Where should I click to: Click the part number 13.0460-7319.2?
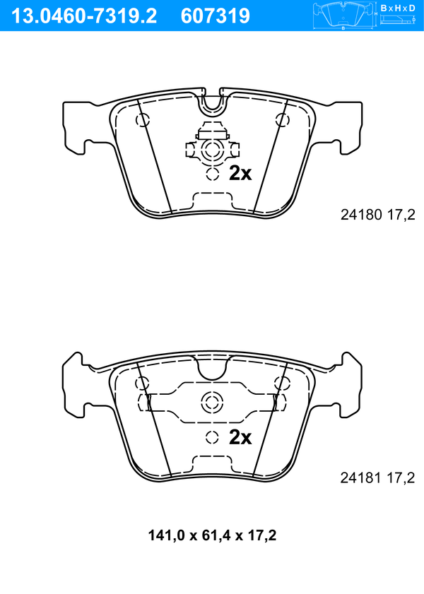pos(84,16)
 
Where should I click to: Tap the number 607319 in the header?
pos(216,16)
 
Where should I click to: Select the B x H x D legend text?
pos(398,8)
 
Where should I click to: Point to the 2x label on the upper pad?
pos(240,173)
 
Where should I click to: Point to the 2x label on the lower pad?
pos(240,437)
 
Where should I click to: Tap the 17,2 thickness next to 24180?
pos(401,215)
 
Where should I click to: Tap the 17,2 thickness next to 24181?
pos(401,478)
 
